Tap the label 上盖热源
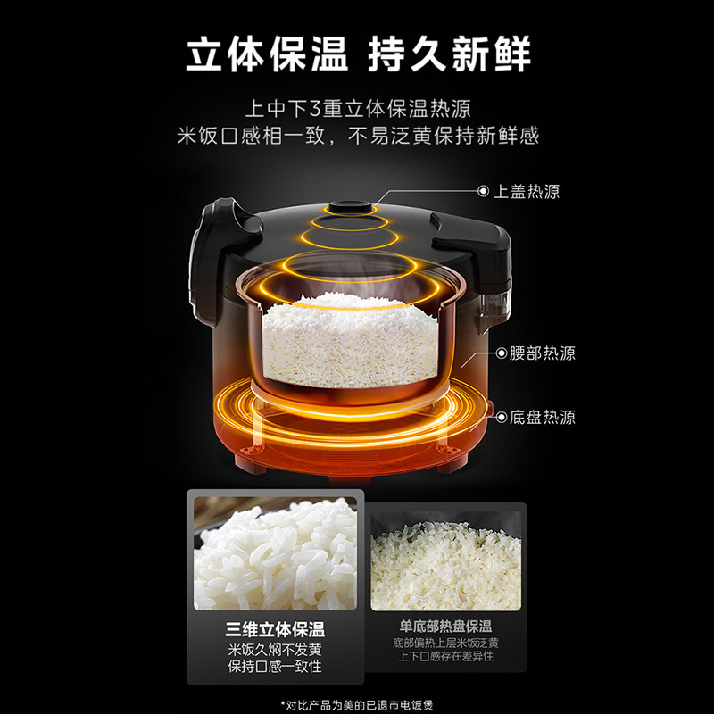tap(527, 191)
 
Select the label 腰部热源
tap(544, 353)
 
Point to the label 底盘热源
tap(544, 417)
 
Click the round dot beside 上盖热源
tap(484, 191)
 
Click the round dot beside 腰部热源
tap(500, 353)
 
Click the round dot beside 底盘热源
tap(500, 417)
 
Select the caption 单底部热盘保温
tap(445, 627)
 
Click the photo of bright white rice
tap(275, 553)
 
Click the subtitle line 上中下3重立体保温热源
tap(357, 109)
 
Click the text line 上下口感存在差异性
tap(445, 656)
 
